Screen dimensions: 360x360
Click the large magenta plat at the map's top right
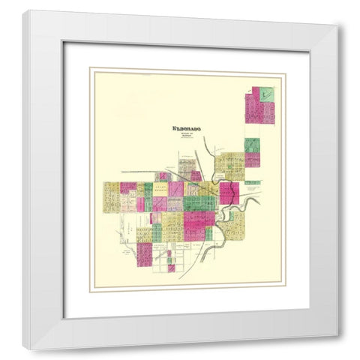[x=258, y=109]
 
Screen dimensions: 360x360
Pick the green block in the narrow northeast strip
[x=252, y=144]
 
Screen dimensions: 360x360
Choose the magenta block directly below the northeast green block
[x=252, y=159]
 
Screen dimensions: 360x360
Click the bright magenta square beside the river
[x=229, y=193]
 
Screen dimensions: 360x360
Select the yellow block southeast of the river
[x=236, y=224]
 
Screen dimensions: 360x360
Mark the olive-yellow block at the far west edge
[x=111, y=197]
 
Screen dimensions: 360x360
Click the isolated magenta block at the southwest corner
[x=144, y=253]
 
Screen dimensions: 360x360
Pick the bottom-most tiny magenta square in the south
[x=172, y=268]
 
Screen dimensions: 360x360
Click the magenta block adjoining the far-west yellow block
[x=128, y=187]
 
